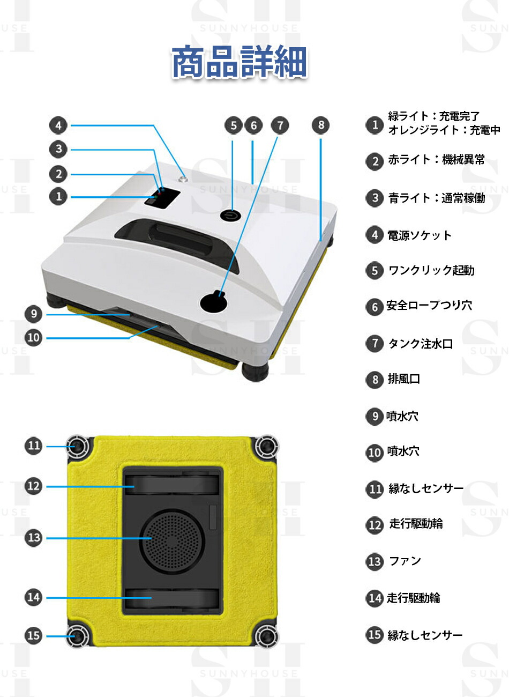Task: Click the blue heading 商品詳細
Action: pyautogui.click(x=239, y=62)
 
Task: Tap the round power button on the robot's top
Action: pyautogui.click(x=230, y=214)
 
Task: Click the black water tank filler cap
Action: pyautogui.click(x=214, y=302)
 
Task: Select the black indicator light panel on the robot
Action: pyautogui.click(x=161, y=198)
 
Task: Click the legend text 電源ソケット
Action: pyautogui.click(x=420, y=235)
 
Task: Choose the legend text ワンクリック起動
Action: pyautogui.click(x=431, y=270)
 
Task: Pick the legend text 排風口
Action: pyautogui.click(x=403, y=379)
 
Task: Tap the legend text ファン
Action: pyautogui.click(x=405, y=561)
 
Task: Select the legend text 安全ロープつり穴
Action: pyautogui.click(x=429, y=306)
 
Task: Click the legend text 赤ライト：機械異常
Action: pyautogui.click(x=436, y=160)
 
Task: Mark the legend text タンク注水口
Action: pyautogui.click(x=420, y=344)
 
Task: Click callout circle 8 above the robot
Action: pyautogui.click(x=321, y=125)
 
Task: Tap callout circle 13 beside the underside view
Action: pyautogui.click(x=34, y=538)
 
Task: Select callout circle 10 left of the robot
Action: pyautogui.click(x=34, y=338)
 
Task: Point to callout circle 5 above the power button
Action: pyautogui.click(x=233, y=126)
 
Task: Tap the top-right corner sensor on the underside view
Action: pyautogui.click(x=264, y=446)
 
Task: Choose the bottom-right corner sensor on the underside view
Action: pyautogui.click(x=264, y=636)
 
